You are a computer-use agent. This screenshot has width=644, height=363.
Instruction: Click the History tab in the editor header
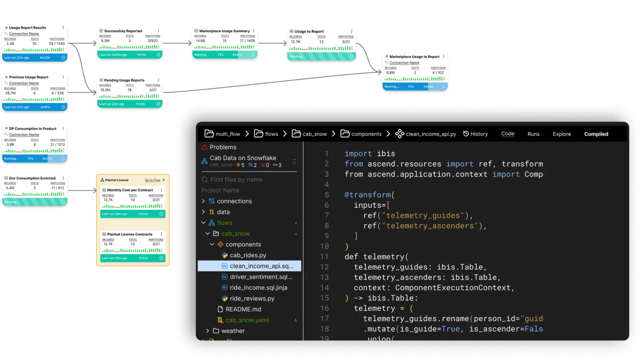(476, 134)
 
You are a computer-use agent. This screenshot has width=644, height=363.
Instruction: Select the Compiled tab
(596, 134)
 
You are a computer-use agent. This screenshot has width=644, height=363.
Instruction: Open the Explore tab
(562, 134)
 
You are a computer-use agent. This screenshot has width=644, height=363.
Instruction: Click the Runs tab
(533, 134)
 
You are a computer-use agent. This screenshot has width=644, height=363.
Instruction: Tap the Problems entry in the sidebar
(222, 147)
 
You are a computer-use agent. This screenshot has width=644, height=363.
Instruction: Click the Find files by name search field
(236, 180)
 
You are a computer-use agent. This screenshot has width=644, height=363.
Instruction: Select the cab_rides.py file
(248, 255)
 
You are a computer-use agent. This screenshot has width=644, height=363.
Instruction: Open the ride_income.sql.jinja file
(259, 288)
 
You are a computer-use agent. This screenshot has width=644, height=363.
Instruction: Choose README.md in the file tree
(243, 309)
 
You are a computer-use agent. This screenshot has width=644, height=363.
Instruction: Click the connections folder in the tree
(234, 201)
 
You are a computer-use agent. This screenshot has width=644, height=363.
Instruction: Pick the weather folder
(233, 331)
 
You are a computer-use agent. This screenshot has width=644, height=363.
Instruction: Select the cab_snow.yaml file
(247, 320)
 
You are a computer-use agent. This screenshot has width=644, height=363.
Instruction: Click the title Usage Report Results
(28, 28)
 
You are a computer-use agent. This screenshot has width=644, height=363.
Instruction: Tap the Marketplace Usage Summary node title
(224, 31)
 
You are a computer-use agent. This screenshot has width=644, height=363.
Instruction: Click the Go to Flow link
(155, 181)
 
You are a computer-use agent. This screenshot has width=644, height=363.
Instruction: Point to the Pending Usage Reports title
(124, 80)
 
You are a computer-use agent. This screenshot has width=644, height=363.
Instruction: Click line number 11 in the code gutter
(324, 257)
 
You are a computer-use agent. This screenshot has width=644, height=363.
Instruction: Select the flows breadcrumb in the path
(271, 134)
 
